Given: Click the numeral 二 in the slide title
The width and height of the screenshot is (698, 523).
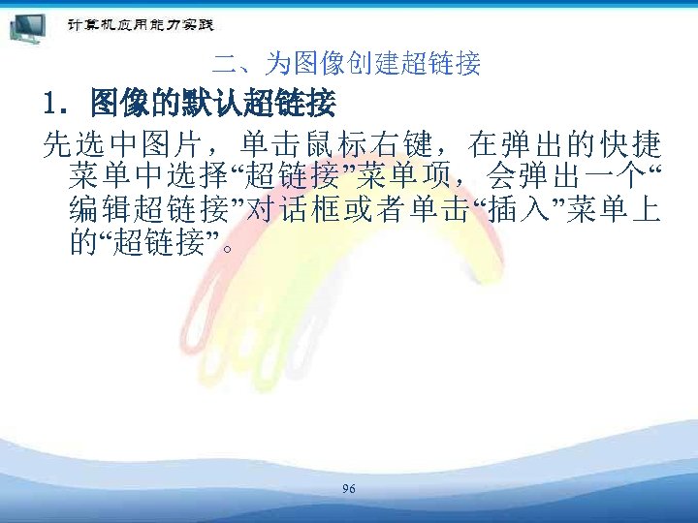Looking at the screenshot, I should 225,65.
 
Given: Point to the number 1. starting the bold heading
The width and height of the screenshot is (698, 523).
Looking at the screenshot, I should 56,101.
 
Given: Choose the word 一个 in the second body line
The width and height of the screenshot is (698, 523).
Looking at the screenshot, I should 604,177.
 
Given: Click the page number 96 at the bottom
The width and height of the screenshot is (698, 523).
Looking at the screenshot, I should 349,489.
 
